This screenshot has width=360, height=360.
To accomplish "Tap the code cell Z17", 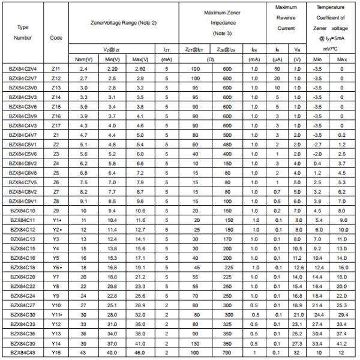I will point(56,125).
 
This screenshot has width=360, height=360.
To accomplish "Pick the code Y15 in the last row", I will point(56,353).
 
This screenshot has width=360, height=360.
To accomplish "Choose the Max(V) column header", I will point(140,59).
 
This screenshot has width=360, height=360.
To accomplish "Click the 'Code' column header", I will point(56,37).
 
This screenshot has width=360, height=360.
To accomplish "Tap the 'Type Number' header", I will point(23,32).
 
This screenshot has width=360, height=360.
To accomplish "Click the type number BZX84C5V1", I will point(23,145).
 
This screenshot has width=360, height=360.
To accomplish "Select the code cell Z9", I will point(56,211).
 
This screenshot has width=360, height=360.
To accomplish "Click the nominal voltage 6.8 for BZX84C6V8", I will point(83,173).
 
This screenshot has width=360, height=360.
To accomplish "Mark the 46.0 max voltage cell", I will point(140,353).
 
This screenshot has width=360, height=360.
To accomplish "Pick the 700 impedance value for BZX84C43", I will point(227,353).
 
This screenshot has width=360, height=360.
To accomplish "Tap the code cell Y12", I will point(56,324).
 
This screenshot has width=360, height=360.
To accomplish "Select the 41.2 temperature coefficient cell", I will point(342,343).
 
